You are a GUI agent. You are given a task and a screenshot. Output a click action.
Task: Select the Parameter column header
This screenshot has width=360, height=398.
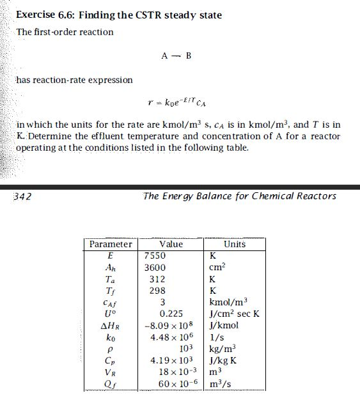click(111, 244)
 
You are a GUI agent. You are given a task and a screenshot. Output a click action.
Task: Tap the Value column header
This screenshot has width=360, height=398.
click(171, 244)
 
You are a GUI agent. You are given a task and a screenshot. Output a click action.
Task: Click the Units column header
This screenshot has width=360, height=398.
click(235, 244)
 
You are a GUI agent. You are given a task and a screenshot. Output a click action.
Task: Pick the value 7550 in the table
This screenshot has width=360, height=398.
click(155, 256)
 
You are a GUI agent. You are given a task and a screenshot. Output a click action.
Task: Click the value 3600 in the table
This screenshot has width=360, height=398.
click(155, 268)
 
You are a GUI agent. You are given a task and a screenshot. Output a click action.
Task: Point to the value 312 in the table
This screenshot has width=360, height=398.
click(157, 279)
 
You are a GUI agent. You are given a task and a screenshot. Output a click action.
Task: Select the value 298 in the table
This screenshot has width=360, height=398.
click(157, 291)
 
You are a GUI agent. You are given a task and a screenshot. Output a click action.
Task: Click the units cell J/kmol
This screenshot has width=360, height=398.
click(224, 325)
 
